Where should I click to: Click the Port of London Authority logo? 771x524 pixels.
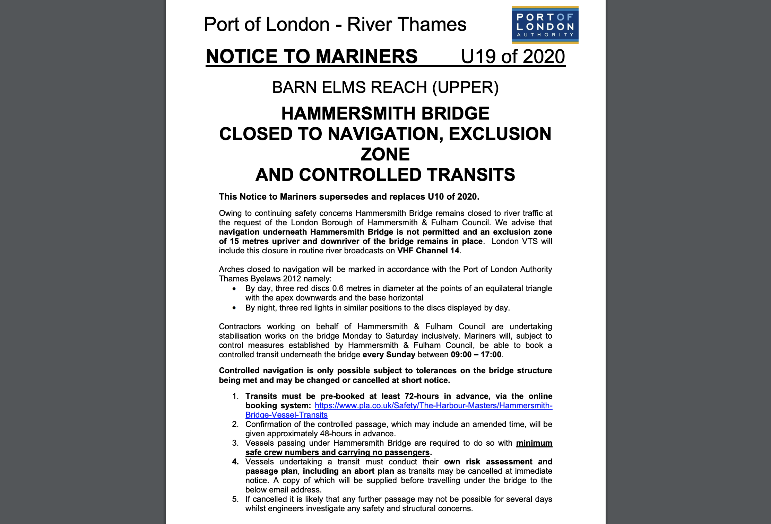pyautogui.click(x=545, y=25)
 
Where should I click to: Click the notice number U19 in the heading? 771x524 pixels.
pyautogui.click(x=478, y=56)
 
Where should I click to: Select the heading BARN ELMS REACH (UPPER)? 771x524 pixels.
pyautogui.click(x=385, y=87)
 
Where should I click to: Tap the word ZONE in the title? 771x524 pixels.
pyautogui.click(x=385, y=154)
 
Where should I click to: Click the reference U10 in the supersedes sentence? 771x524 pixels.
pyautogui.click(x=435, y=197)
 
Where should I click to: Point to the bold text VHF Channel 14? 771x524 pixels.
pyautogui.click(x=428, y=251)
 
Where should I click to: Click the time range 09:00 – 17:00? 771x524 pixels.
pyautogui.click(x=476, y=355)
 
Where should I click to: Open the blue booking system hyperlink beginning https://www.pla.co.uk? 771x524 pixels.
pyautogui.click(x=433, y=406)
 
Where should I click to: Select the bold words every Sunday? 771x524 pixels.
pyautogui.click(x=389, y=355)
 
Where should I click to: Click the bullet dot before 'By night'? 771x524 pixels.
pyautogui.click(x=234, y=308)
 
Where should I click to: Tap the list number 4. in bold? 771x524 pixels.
pyautogui.click(x=235, y=462)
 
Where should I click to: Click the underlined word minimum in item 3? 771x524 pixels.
pyautogui.click(x=534, y=443)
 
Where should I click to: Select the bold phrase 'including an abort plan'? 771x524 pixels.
pyautogui.click(x=348, y=471)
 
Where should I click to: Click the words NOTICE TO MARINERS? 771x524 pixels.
pyautogui.click(x=312, y=56)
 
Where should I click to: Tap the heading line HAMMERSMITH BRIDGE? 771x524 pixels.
pyautogui.click(x=385, y=114)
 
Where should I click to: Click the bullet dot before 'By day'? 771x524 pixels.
pyautogui.click(x=234, y=289)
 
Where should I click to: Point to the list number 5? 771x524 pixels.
pyautogui.click(x=235, y=499)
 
